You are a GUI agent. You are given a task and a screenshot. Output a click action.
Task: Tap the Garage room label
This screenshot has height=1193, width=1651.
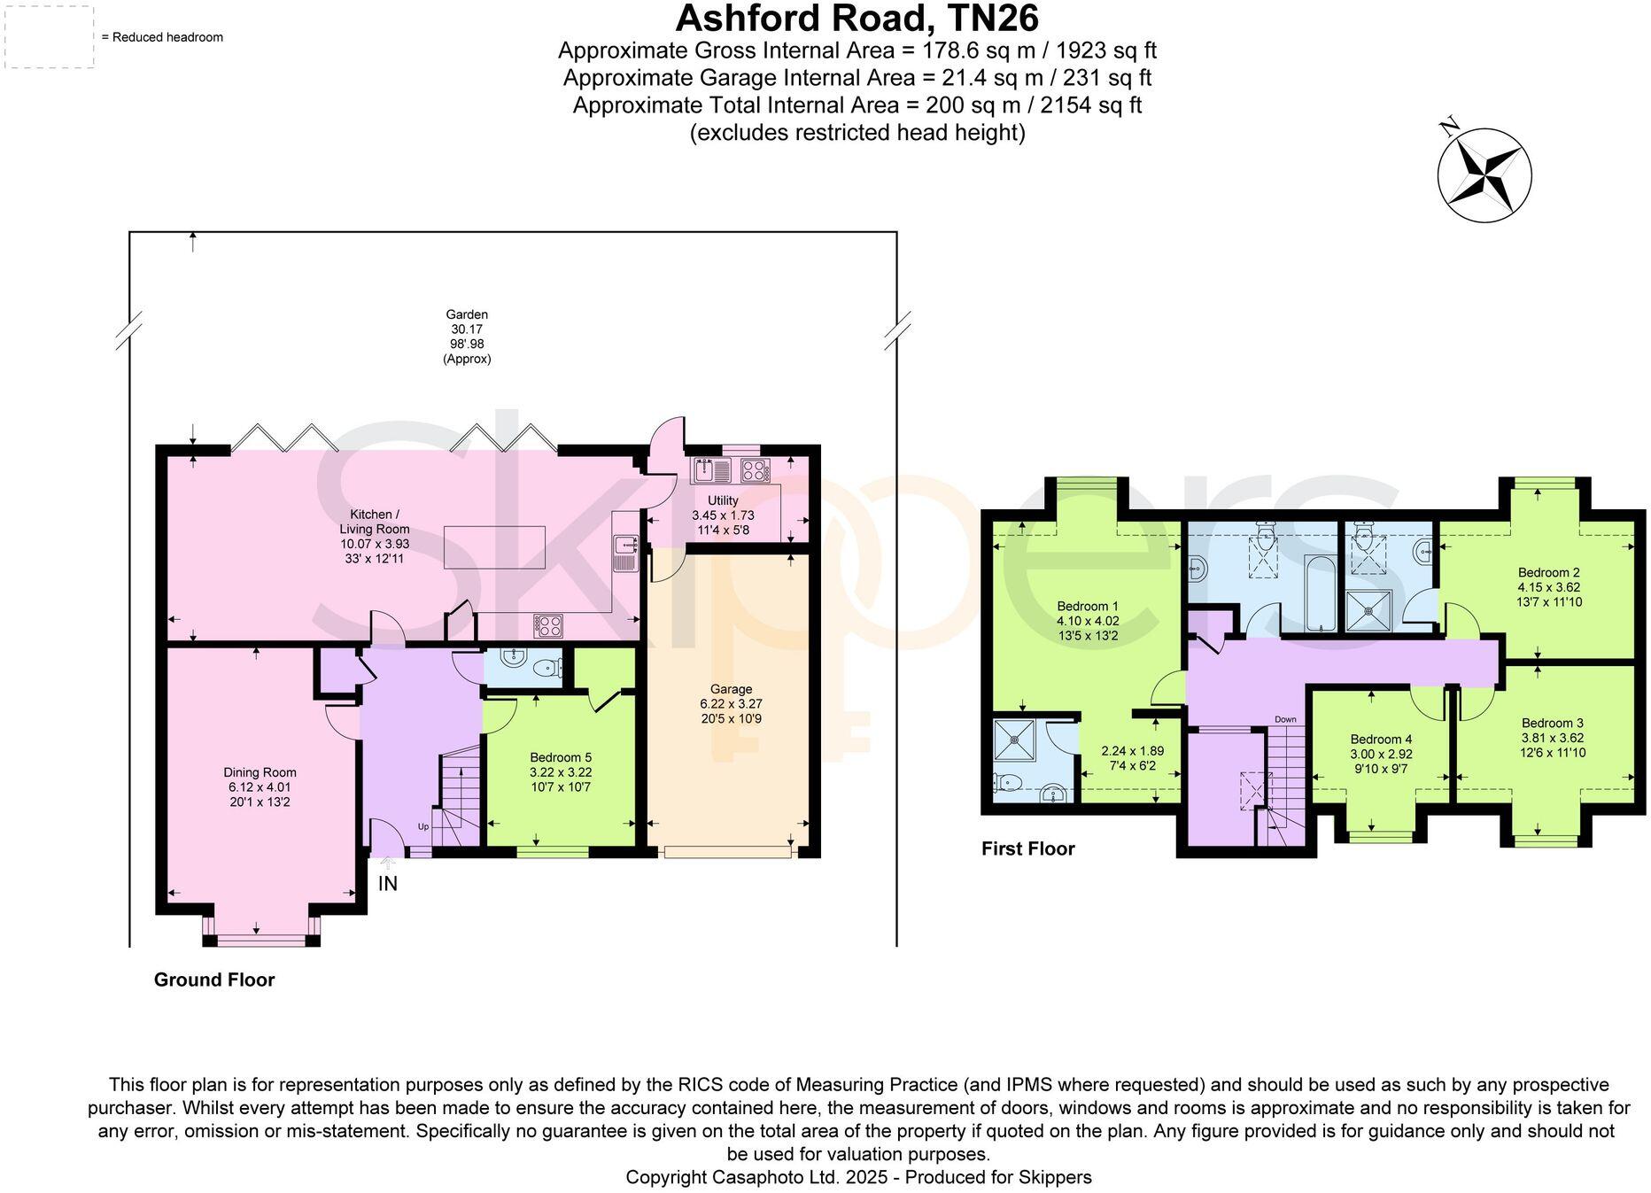731,689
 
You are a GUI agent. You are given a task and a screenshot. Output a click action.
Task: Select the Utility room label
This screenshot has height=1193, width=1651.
723,500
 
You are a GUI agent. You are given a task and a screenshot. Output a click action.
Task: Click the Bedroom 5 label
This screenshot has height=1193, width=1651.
560,757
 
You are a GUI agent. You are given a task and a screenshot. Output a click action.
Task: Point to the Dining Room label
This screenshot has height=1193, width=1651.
260,772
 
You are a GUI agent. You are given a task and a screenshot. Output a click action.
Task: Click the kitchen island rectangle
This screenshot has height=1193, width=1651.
494,546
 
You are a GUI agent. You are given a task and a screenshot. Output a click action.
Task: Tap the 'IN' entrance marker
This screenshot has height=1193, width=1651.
388,883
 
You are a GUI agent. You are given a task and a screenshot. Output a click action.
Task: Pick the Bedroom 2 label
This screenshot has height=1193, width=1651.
1548,572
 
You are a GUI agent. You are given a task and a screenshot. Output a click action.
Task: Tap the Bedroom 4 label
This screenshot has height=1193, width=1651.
1381,739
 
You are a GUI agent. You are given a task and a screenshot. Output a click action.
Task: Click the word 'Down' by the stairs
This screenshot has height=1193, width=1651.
1285,719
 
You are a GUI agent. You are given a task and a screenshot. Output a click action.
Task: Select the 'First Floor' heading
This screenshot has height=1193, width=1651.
1027,848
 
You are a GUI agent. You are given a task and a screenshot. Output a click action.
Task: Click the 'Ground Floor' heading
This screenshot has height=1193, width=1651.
214,980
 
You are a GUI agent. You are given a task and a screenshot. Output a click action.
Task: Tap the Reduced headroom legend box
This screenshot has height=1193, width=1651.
50,37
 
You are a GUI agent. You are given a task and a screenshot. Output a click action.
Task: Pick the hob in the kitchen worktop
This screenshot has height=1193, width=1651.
548,625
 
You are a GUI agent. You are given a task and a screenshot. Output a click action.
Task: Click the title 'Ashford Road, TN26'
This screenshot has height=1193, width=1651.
857,18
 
